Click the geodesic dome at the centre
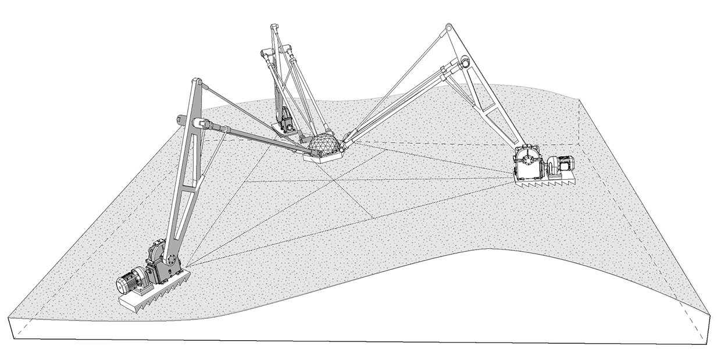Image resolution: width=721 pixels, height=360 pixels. click(x=323, y=143)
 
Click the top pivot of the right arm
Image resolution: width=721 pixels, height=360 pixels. click(x=449, y=27)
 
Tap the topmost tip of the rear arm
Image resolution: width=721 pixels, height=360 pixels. click(x=273, y=27)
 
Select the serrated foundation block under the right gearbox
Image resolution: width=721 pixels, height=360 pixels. click(x=544, y=182)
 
